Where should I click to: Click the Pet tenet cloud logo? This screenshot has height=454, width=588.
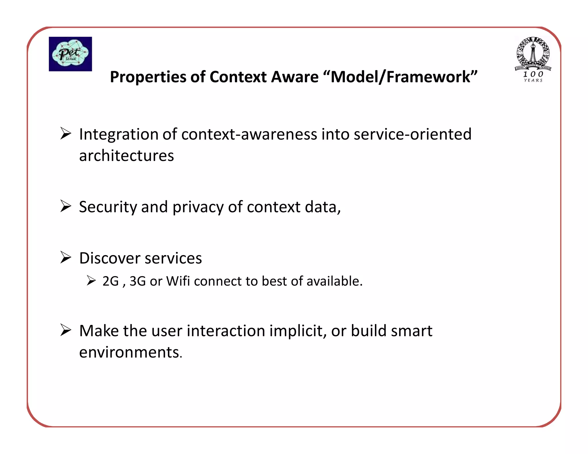point(70,54)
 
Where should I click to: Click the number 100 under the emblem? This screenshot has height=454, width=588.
point(533,74)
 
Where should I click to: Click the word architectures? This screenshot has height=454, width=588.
point(126,156)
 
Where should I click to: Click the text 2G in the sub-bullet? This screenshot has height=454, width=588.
point(111,281)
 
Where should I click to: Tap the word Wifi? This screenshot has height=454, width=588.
point(178,281)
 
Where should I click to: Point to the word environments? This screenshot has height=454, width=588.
point(130,352)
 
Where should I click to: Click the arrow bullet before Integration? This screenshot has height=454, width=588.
point(66,134)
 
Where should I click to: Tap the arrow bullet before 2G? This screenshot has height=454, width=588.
point(91,280)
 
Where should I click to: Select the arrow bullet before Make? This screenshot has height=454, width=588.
point(66,330)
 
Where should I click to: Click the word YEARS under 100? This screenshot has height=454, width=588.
point(533,81)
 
